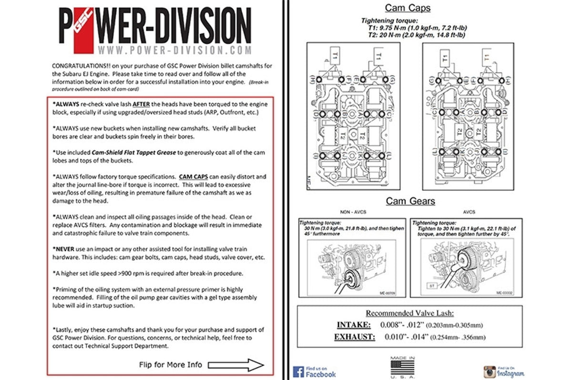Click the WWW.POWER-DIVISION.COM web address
(x=173, y=50)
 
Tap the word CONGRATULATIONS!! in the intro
(x=81, y=66)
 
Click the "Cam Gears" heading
(x=410, y=201)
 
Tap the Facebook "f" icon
(x=299, y=371)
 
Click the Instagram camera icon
(x=489, y=371)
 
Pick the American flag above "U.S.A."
(x=403, y=367)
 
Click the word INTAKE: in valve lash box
(x=354, y=325)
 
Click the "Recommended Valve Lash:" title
(x=409, y=313)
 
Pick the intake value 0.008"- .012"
(x=401, y=325)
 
